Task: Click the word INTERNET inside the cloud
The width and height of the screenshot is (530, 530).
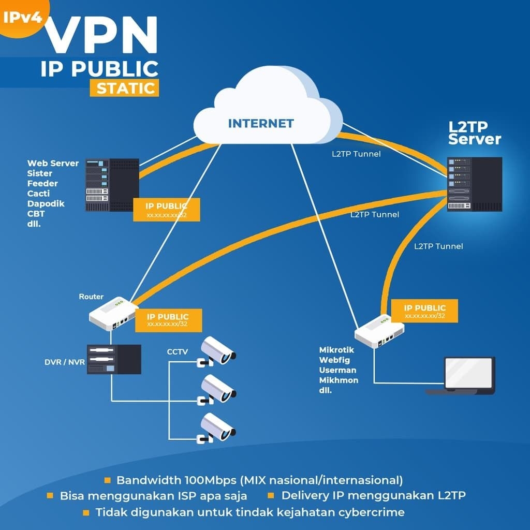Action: (261, 124)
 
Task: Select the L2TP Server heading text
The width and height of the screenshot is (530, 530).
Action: (474, 133)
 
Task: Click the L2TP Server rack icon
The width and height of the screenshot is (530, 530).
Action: (474, 184)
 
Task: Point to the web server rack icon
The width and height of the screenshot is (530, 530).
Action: (112, 185)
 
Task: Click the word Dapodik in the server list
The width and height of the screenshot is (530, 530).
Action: (46, 204)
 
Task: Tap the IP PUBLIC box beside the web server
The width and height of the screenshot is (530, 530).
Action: (166, 210)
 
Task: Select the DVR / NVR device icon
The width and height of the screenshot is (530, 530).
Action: (114, 359)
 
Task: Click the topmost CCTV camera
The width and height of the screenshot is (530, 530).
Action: (217, 351)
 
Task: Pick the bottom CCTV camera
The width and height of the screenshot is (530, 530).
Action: (217, 427)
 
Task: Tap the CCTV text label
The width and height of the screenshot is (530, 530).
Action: (177, 352)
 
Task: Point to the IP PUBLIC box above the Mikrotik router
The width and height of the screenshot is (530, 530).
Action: (424, 311)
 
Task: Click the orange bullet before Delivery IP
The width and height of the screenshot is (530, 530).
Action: (271, 495)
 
